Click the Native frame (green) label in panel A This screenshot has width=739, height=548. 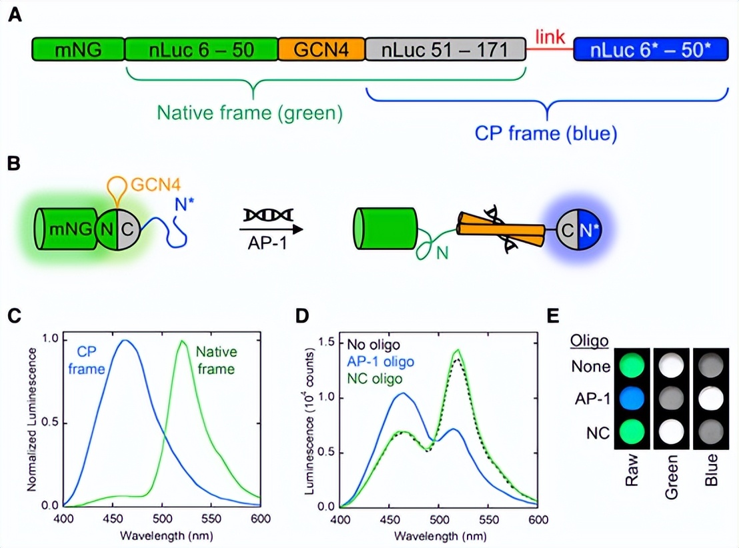coord(250,113)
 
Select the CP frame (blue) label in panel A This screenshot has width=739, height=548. coord(546,133)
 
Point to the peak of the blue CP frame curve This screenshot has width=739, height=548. coord(123,341)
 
